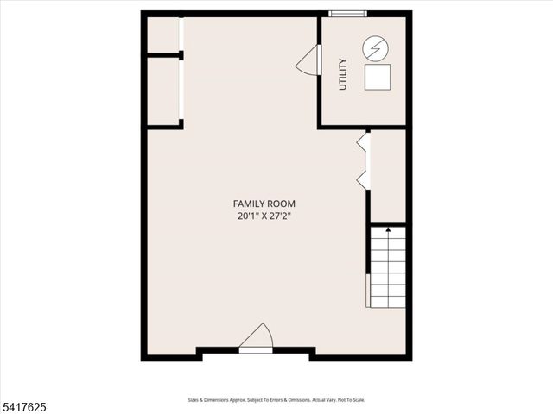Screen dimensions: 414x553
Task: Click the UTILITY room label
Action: click(343, 74)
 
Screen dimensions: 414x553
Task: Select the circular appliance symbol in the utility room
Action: click(375, 48)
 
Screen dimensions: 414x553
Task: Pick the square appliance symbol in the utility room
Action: click(377, 78)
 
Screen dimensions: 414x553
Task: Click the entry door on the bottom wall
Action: click(257, 338)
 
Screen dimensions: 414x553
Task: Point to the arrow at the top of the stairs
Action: click(388, 230)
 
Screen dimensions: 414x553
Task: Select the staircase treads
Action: click(388, 267)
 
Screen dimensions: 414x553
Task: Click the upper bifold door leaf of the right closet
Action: click(363, 143)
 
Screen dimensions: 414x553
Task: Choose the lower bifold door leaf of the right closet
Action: click(363, 179)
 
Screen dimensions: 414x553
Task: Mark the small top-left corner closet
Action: click(162, 35)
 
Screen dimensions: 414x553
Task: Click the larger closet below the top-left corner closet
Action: click(162, 91)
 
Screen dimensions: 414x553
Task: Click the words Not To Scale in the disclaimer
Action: click(351, 400)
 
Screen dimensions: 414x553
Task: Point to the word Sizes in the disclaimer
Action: click(194, 400)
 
